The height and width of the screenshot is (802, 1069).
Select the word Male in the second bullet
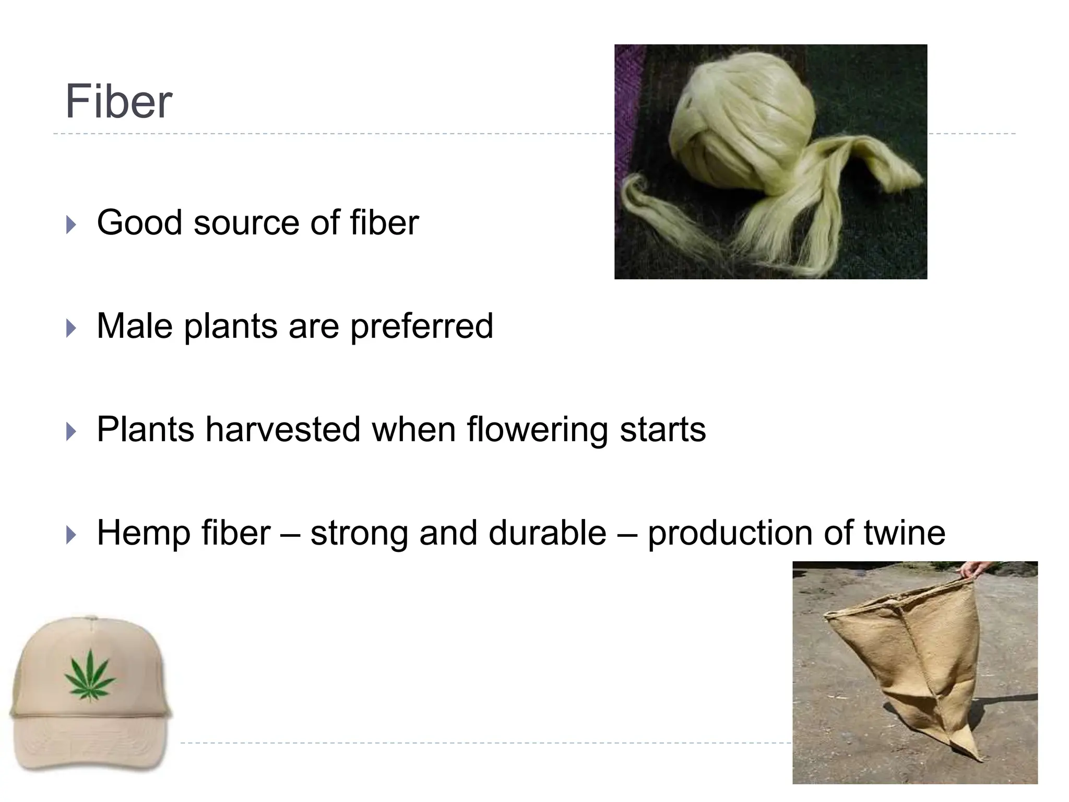(x=135, y=326)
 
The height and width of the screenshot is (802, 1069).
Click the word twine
(x=904, y=533)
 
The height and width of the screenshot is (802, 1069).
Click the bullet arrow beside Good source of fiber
(x=72, y=225)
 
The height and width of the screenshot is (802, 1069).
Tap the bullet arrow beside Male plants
(x=72, y=328)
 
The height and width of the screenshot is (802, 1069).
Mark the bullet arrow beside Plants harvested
(x=72, y=432)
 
